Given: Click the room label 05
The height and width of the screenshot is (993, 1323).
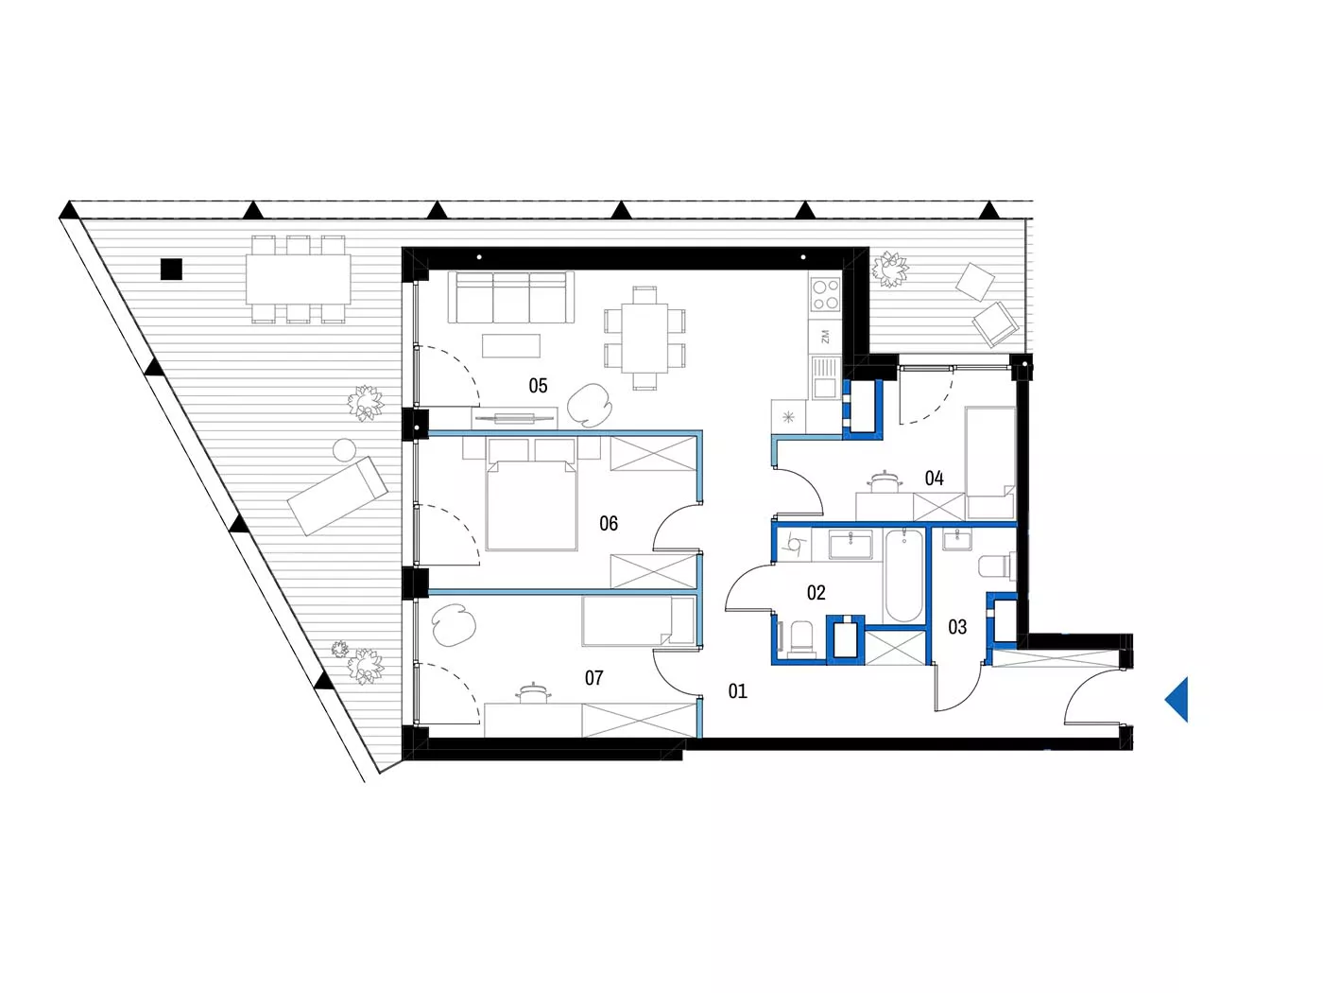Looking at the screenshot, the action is pos(538,385).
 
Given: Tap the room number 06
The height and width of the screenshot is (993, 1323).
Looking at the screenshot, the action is pos(609,523).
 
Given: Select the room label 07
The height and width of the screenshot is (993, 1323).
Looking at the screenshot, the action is pos(593,678).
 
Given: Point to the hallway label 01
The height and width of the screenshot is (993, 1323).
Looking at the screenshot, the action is pos(737,691).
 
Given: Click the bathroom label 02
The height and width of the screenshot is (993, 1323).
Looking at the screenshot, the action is pos(816,593).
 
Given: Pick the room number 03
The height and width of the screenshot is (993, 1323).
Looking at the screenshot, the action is pos(957,627).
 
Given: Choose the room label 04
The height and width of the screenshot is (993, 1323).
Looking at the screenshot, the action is pos(934,479).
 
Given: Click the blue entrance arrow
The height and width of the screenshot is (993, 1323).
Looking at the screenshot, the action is pos(1177,700).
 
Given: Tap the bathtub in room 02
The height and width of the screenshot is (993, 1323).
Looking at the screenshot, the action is pos(903,575).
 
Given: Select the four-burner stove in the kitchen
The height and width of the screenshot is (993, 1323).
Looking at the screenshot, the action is pos(825,293).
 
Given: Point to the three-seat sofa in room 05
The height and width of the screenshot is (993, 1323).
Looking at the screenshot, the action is pos(510,297).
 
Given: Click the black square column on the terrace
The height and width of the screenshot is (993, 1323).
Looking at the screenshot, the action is pos(171,269).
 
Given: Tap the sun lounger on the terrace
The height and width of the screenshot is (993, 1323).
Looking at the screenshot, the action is pos(337,496).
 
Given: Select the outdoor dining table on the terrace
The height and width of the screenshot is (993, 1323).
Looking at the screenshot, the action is pos(299,279).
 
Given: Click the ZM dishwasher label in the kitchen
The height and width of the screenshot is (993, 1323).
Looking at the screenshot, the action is pos(825,337).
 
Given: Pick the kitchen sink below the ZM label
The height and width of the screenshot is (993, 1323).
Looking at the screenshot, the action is pos(825,378).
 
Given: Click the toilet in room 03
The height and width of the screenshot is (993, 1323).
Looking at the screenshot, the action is pos(995,566).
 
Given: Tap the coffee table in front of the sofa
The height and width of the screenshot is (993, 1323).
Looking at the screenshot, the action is pos(510,346).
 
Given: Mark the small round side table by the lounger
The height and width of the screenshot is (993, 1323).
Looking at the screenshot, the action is pos(344,450).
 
